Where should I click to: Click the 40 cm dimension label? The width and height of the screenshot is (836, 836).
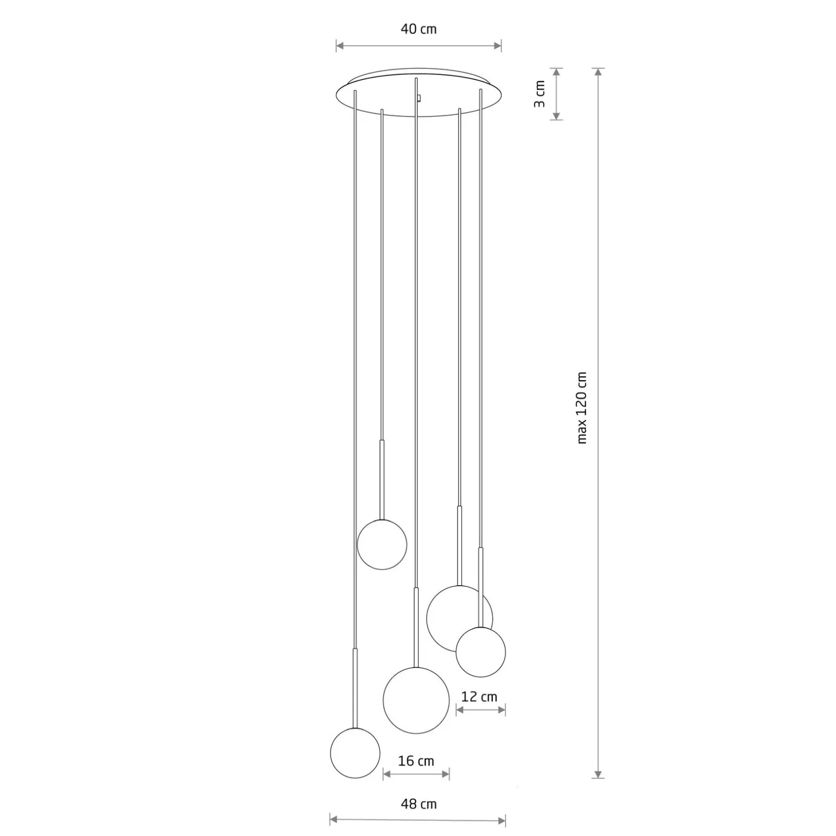tap(419, 29)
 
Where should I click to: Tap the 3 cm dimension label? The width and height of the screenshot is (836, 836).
tap(540, 94)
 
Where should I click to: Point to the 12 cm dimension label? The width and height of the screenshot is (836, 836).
tap(479, 696)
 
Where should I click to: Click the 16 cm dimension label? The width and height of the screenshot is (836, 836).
tap(416, 761)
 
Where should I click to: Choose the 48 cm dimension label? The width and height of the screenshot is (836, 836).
tap(419, 804)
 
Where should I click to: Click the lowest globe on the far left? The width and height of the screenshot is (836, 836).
tap(355, 753)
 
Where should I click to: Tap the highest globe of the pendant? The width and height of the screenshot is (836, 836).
tap(382, 544)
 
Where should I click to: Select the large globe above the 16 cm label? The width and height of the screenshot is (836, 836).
tap(416, 700)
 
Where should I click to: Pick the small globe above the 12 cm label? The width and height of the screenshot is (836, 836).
tap(480, 652)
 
